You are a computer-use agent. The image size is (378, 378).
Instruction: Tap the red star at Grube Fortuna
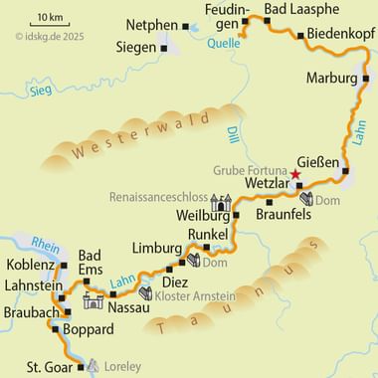293,175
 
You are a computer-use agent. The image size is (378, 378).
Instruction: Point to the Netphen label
153,23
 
